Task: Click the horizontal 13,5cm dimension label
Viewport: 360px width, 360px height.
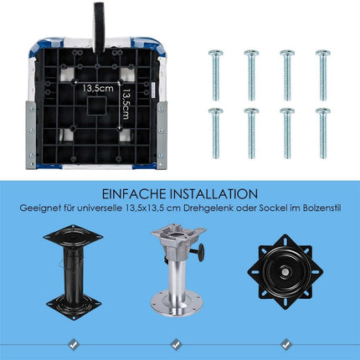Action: [98, 89]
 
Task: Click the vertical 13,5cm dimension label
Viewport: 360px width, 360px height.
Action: [126, 104]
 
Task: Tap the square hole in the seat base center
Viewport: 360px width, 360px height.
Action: [96, 105]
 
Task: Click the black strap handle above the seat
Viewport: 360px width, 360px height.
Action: [99, 28]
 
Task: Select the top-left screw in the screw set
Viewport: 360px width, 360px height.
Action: [215, 75]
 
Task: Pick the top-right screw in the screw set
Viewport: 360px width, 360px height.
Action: [323, 75]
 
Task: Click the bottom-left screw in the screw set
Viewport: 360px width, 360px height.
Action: [215, 133]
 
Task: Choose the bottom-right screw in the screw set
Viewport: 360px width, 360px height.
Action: [323, 133]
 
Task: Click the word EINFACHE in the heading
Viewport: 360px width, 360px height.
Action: [134, 194]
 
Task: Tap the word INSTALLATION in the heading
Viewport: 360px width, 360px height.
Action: [214, 194]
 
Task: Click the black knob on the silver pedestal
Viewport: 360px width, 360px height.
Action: [201, 252]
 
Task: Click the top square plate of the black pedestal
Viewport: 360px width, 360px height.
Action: [73, 238]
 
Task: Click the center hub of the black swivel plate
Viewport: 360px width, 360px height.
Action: [285, 272]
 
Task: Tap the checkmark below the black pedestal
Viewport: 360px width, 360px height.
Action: [74, 344]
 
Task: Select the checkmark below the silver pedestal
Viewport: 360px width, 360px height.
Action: [176, 344]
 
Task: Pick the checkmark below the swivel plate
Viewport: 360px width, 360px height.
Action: [285, 344]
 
